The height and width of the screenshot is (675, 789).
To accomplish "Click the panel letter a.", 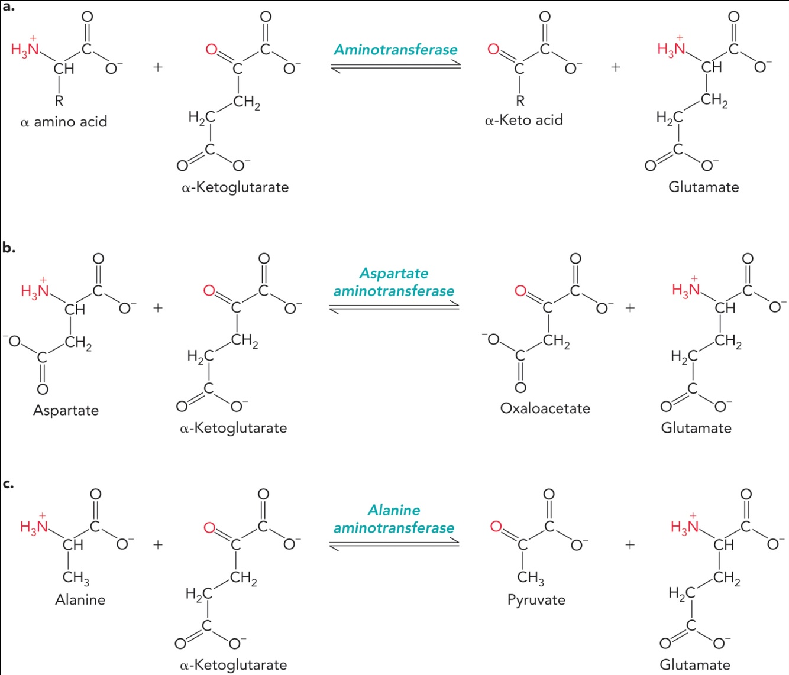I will (x=8, y=7).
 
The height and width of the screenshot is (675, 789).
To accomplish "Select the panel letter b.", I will (x=8, y=248).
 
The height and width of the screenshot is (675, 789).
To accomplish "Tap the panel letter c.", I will (x=8, y=484).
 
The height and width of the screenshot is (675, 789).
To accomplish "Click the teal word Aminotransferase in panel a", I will (x=396, y=50).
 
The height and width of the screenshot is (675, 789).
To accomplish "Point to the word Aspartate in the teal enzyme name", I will (x=394, y=273).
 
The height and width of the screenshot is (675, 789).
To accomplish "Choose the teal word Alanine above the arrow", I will (x=394, y=510).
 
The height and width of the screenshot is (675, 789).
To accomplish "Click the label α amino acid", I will (x=64, y=122).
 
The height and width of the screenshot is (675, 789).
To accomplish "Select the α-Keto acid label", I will (x=524, y=121).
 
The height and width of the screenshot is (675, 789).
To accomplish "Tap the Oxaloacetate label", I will (x=545, y=408).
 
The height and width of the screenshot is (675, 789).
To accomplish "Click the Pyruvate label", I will (x=536, y=600).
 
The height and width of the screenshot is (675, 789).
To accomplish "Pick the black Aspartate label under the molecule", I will (x=66, y=410).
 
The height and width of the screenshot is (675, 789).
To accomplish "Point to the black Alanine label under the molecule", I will (x=80, y=600).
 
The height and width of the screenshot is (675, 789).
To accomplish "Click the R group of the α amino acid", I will (x=59, y=101).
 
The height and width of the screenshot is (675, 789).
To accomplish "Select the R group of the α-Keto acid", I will (x=520, y=101).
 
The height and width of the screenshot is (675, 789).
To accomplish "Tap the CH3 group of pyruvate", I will (x=530, y=577).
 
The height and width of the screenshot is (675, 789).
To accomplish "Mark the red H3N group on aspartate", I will (x=35, y=290).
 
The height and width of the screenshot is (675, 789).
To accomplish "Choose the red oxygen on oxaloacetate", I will (x=520, y=291).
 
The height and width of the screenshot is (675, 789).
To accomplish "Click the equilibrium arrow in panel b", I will (x=394, y=307).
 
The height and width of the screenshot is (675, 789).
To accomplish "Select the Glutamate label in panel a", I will (x=703, y=187).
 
